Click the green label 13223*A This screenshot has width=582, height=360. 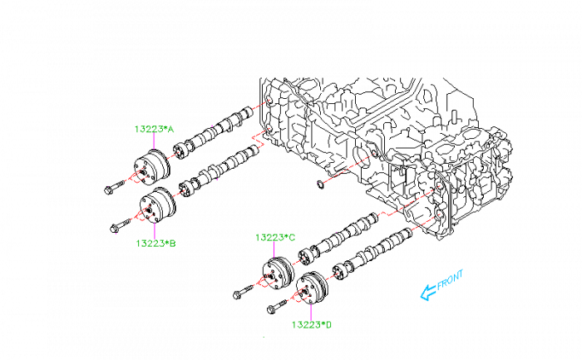click(x=154, y=129)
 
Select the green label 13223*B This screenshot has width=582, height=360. click(x=155, y=244)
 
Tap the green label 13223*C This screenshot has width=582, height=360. click(x=275, y=238)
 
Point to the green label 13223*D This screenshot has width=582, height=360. click(x=312, y=324)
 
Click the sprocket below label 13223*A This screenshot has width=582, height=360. click(x=152, y=169)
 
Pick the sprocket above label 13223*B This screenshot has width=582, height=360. click(x=156, y=205)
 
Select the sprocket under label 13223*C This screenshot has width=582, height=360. click(x=279, y=274)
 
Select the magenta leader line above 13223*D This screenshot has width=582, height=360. click(x=311, y=309)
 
